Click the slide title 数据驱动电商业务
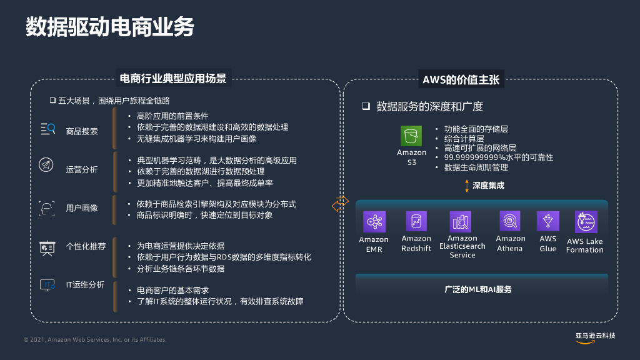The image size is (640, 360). point(110,27)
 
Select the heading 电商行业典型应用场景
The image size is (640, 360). point(172,79)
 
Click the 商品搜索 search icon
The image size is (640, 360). point(47,129)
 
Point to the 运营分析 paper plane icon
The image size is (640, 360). point(47,165)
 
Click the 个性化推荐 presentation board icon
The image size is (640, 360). point(47,247)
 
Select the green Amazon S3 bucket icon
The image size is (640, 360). point(411,136)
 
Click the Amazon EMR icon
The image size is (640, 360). point(374,222)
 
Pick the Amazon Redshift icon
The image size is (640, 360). point(416,222)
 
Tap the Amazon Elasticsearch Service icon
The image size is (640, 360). point(461,222)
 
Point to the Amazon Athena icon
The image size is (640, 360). point(510,221)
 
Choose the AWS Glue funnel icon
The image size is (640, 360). point(548,221)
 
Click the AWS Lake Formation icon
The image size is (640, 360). point(586,222)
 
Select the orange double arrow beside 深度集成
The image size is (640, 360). point(466,186)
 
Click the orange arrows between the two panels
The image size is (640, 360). point(341,204)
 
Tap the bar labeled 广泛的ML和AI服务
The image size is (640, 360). point(481,289)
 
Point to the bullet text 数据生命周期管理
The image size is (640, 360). point(476,167)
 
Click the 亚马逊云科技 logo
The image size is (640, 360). point(595,337)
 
